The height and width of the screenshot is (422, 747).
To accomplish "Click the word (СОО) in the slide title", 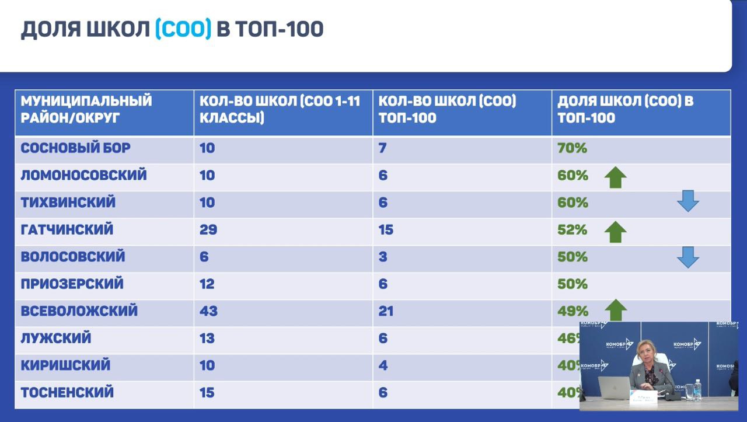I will (183, 29).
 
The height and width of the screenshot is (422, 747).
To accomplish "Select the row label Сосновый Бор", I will (76, 148).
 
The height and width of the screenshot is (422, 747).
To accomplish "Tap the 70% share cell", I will (572, 148).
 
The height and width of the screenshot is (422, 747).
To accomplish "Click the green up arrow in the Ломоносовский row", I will (615, 176).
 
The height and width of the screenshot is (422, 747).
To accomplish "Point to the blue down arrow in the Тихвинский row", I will (687, 202).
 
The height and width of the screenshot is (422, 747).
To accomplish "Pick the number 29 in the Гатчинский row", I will (208, 230).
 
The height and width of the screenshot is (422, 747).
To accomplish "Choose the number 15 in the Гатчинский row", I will (386, 230).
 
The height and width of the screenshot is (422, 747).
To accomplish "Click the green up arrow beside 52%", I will (615, 231).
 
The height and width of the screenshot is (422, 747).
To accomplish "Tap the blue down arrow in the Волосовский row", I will (687, 257).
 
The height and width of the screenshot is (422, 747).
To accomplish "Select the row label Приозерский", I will (72, 284).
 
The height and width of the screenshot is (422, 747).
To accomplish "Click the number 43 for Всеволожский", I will (208, 311).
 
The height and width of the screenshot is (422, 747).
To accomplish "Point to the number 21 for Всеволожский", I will (386, 311).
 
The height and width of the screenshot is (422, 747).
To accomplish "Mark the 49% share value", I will (573, 311).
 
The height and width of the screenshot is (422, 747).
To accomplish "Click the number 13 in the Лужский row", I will (207, 339).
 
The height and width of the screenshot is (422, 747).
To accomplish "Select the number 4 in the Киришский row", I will (383, 365).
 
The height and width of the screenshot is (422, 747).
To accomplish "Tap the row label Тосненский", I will (68, 393).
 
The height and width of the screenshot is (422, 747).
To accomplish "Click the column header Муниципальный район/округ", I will (86, 109).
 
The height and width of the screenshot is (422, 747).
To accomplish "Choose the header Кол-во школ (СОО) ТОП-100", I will (447, 109).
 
